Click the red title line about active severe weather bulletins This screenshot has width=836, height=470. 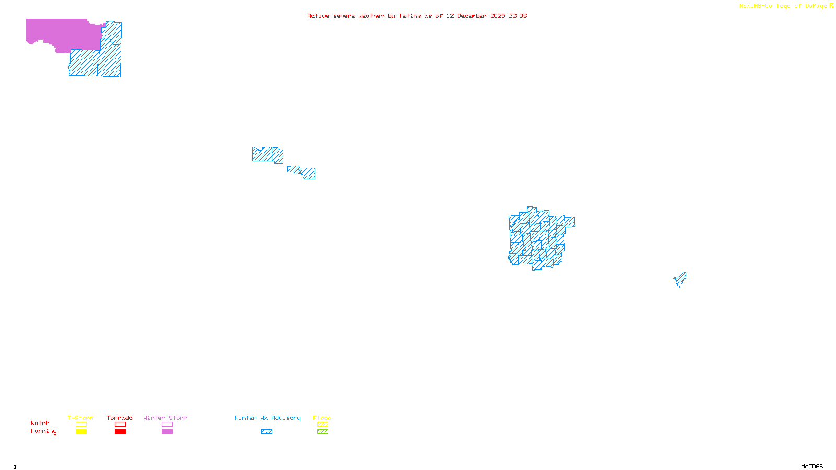point(417,16)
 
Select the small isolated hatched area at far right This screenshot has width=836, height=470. point(680,279)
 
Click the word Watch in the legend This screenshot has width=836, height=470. point(40,423)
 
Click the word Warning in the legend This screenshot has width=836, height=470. point(44,431)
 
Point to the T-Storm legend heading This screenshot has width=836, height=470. point(80,418)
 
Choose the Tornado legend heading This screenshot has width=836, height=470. point(120,418)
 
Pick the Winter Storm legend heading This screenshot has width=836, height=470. point(165,418)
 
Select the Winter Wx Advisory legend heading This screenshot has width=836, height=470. point(268,418)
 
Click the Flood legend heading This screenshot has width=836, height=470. point(322,418)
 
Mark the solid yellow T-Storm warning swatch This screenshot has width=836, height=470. point(81,432)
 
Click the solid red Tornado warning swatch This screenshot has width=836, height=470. point(120,432)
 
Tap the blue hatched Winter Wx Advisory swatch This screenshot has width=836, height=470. point(266,432)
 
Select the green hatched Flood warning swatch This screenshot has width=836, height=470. point(322,432)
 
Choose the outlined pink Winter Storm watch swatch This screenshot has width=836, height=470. point(167,425)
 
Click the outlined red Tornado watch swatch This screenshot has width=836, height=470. point(120,425)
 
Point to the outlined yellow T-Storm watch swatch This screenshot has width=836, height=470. point(81,425)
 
